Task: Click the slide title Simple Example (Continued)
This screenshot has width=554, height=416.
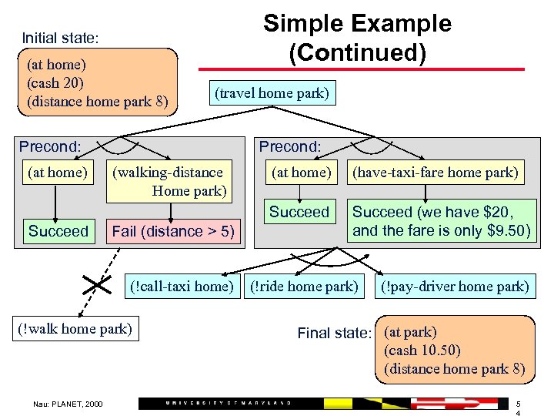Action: tap(357, 38)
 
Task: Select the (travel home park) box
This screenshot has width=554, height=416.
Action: tap(272, 94)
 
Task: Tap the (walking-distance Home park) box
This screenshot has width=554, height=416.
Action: tap(170, 182)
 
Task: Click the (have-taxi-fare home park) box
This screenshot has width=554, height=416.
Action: tap(436, 173)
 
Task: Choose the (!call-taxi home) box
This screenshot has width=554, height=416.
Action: tap(182, 287)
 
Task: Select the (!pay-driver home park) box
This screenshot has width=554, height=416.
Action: tap(456, 287)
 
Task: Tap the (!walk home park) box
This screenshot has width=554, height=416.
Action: tap(75, 329)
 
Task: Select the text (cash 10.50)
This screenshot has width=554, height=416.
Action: tap(422, 351)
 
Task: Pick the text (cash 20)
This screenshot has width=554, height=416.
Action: tap(55, 82)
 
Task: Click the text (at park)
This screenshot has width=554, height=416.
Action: tap(410, 332)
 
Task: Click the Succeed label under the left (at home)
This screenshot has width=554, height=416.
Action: tap(58, 230)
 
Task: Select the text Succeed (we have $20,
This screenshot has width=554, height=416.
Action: tap(432, 212)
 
